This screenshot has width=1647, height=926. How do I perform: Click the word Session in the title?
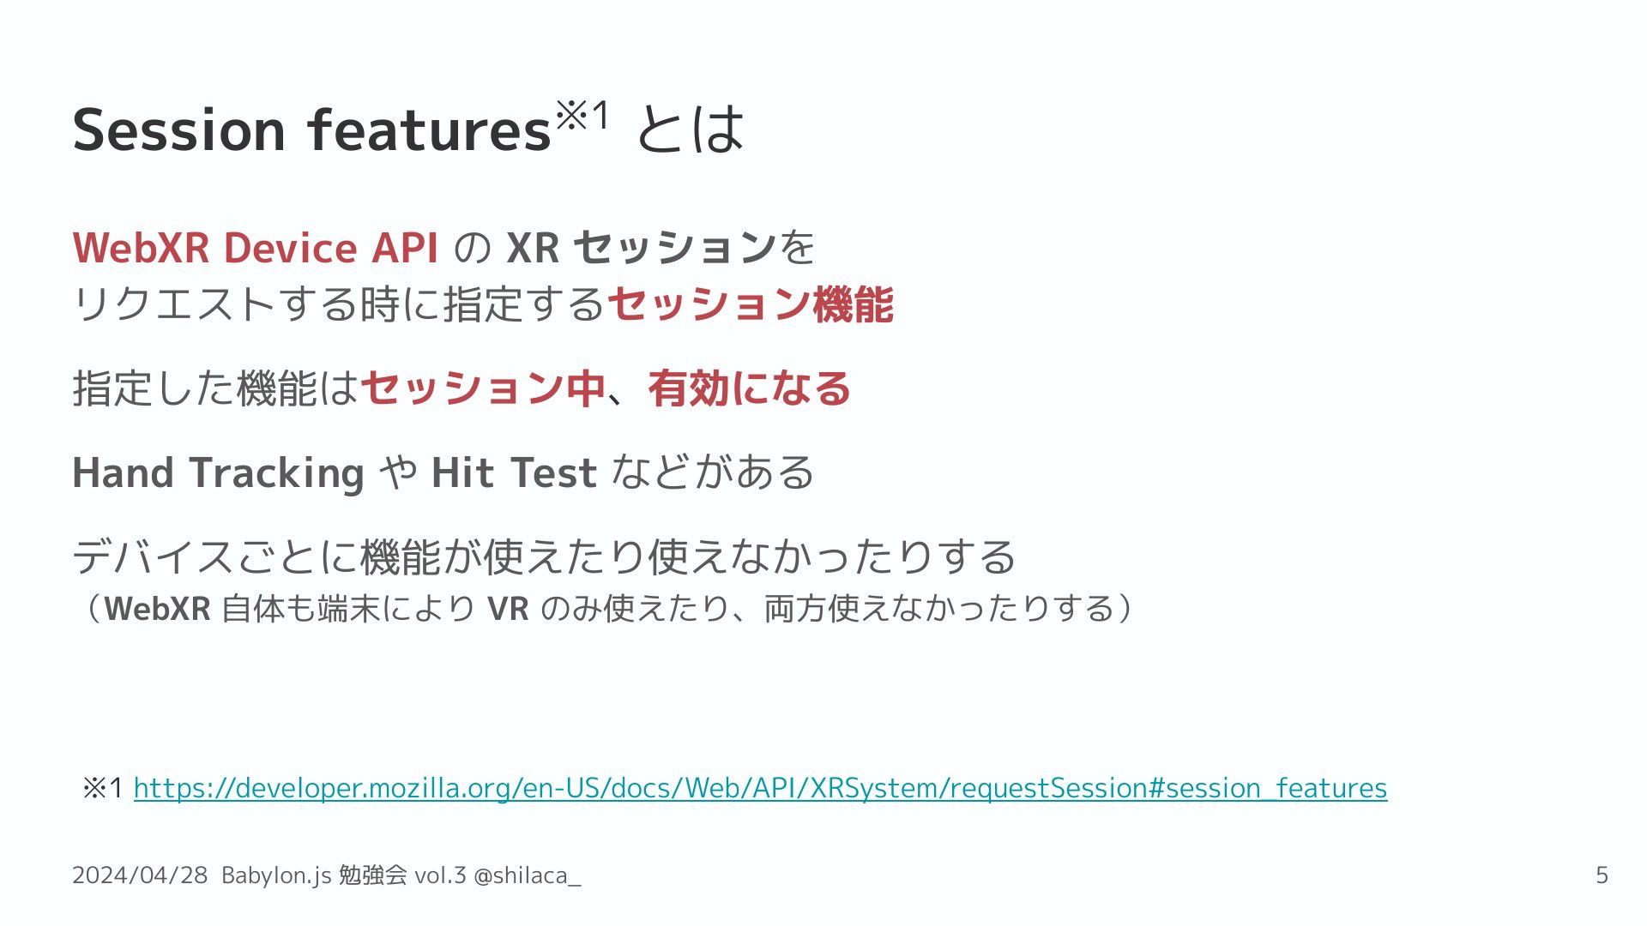pyautogui.click(x=179, y=130)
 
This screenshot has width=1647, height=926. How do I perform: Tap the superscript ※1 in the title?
pyautogui.click(x=582, y=114)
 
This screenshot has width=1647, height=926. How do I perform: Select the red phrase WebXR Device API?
pyautogui.click(x=256, y=248)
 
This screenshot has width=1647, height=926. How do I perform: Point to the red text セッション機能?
pyautogui.click(x=750, y=304)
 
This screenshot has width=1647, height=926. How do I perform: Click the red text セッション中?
pyautogui.click(x=483, y=388)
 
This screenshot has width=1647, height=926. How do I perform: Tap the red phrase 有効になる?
pyautogui.click(x=749, y=388)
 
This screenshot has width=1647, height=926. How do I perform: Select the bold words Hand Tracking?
pyautogui.click(x=219, y=473)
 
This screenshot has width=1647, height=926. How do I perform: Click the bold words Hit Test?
pyautogui.click(x=514, y=472)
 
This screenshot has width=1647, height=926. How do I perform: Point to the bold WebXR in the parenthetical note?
pyautogui.click(x=158, y=609)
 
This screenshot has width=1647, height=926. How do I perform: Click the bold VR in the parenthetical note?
pyautogui.click(x=508, y=609)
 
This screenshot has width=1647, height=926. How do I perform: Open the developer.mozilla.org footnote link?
pyautogui.click(x=760, y=788)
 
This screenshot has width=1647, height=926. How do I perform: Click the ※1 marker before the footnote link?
pyautogui.click(x=103, y=788)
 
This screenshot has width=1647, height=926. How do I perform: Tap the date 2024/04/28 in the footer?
pyautogui.click(x=140, y=875)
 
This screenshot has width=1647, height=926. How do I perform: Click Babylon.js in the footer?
pyautogui.click(x=276, y=875)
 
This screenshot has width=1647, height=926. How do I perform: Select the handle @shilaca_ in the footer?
pyautogui.click(x=528, y=875)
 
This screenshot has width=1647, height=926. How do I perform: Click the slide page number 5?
pyautogui.click(x=1602, y=875)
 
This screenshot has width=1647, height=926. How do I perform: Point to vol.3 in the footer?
pyautogui.click(x=440, y=875)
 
